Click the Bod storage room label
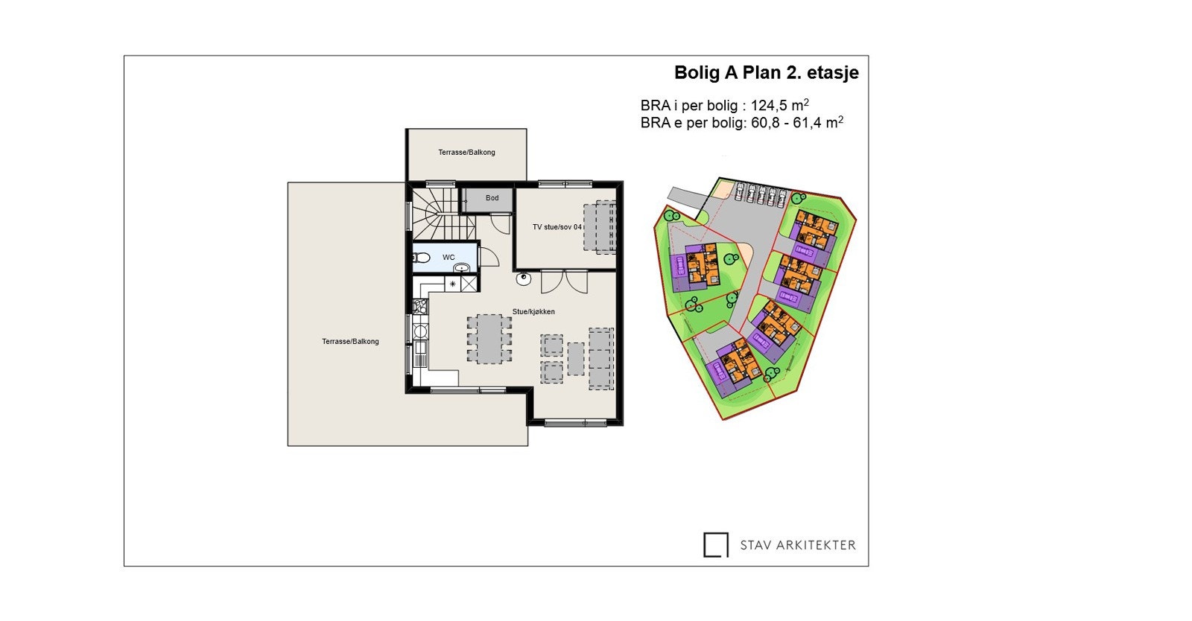[x=492, y=198]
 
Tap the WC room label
[x=448, y=258]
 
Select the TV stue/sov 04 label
[x=557, y=227]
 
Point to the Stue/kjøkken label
[x=533, y=312]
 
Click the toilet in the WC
[x=421, y=258]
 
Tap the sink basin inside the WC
[x=462, y=267]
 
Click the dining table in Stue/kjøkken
[x=489, y=338]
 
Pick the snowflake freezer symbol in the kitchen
[x=452, y=284]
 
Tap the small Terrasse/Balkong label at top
[x=466, y=153]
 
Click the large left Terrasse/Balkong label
[x=350, y=342]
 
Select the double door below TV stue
[x=564, y=281]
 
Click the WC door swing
[x=488, y=257]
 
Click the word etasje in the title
[x=833, y=73]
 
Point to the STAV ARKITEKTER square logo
[x=716, y=544]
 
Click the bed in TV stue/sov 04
[x=600, y=227]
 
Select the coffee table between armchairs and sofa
[x=576, y=358]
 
